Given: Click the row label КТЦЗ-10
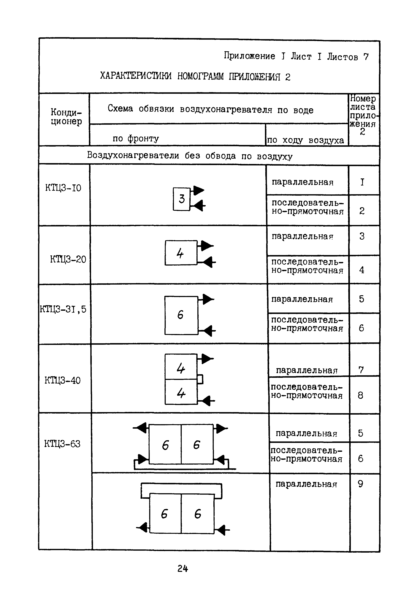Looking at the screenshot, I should pyautogui.click(x=63, y=188).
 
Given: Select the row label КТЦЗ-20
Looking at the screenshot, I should pyautogui.click(x=68, y=260).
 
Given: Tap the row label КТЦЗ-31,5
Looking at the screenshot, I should pyautogui.click(x=63, y=309).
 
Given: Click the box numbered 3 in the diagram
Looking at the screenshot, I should pyautogui.click(x=181, y=199).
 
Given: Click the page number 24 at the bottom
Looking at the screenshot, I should pyautogui.click(x=183, y=569).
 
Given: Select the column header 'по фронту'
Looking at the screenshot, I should pyautogui.click(x=136, y=138).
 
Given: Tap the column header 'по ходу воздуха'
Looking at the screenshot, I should pyautogui.click(x=305, y=140).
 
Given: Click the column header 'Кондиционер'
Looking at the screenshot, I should pyautogui.click(x=66, y=117).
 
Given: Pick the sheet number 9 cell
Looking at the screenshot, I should pyautogui.click(x=361, y=484).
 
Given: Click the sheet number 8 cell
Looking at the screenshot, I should pyautogui.click(x=361, y=395).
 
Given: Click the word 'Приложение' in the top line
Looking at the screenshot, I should pyautogui.click(x=249, y=56).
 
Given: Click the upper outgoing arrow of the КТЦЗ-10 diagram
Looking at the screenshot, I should pyautogui.click(x=199, y=190).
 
